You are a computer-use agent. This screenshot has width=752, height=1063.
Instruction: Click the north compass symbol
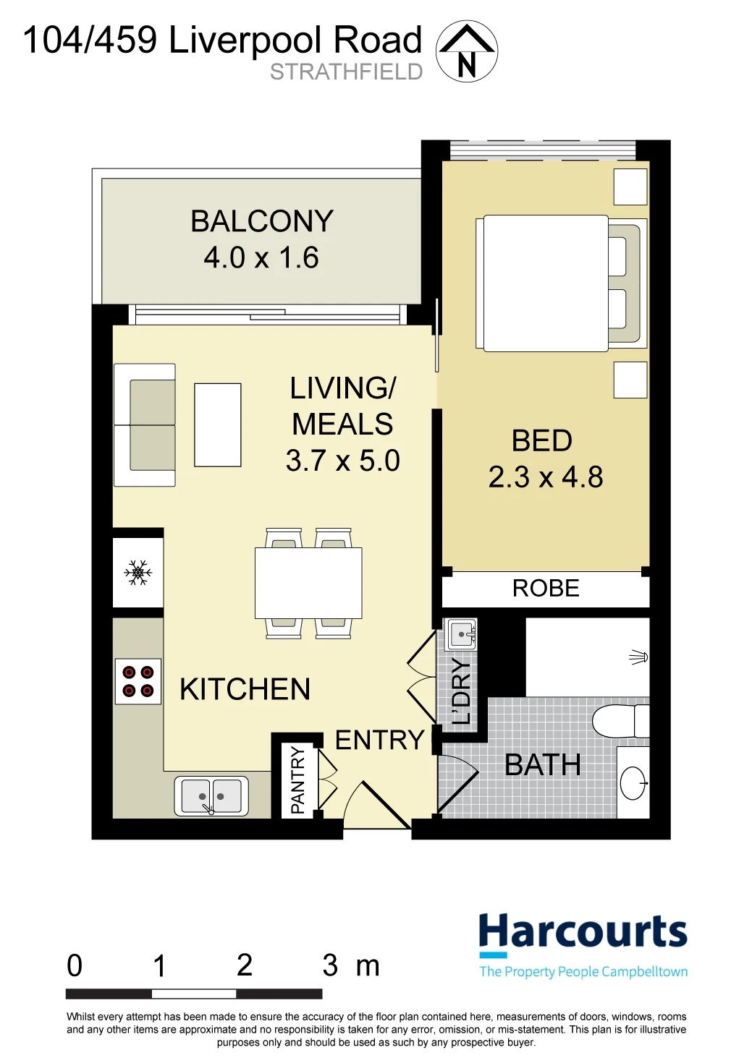click(x=467, y=51)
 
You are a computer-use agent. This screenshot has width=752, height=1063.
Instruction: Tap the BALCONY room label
click(x=262, y=221)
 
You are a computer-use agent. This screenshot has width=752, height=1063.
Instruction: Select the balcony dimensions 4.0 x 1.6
click(x=261, y=257)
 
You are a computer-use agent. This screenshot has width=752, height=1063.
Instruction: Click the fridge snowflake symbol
click(x=138, y=572)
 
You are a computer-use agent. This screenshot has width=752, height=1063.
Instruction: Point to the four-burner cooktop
click(x=138, y=681)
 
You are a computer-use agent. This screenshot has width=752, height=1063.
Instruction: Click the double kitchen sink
click(x=211, y=796)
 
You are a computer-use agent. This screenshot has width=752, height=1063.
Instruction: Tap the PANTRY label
click(x=297, y=780)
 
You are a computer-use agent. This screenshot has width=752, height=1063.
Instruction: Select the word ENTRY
click(x=379, y=740)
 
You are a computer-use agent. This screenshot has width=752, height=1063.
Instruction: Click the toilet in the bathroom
click(x=621, y=722)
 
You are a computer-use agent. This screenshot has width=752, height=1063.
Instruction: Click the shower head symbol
click(x=639, y=657)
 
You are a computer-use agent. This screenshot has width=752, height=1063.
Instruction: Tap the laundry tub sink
click(x=460, y=634)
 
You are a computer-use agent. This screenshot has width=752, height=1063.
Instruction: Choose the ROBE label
click(x=546, y=589)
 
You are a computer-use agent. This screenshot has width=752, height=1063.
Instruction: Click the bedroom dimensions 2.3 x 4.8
click(x=546, y=477)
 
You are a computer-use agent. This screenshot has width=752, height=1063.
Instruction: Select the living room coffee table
click(x=218, y=424)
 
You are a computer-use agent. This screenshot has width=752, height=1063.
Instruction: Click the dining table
click(x=308, y=584)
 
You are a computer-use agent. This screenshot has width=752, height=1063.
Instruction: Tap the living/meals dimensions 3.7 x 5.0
click(x=343, y=461)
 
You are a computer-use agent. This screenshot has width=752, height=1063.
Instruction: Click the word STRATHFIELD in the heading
click(x=346, y=72)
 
